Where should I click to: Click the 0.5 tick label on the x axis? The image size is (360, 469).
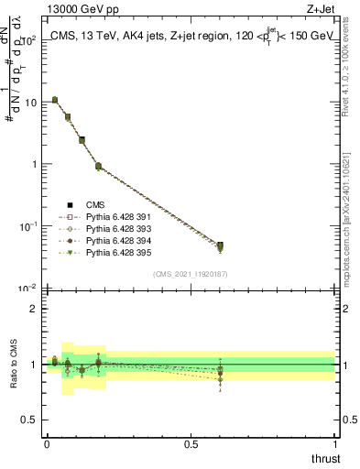click(x=191, y=444)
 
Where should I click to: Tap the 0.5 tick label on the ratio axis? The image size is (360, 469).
click(x=29, y=420)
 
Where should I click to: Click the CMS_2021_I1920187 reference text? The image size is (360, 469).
click(x=191, y=274)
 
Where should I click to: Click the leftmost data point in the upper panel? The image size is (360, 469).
click(x=54, y=100)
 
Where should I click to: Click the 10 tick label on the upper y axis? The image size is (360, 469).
click(x=32, y=103)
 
